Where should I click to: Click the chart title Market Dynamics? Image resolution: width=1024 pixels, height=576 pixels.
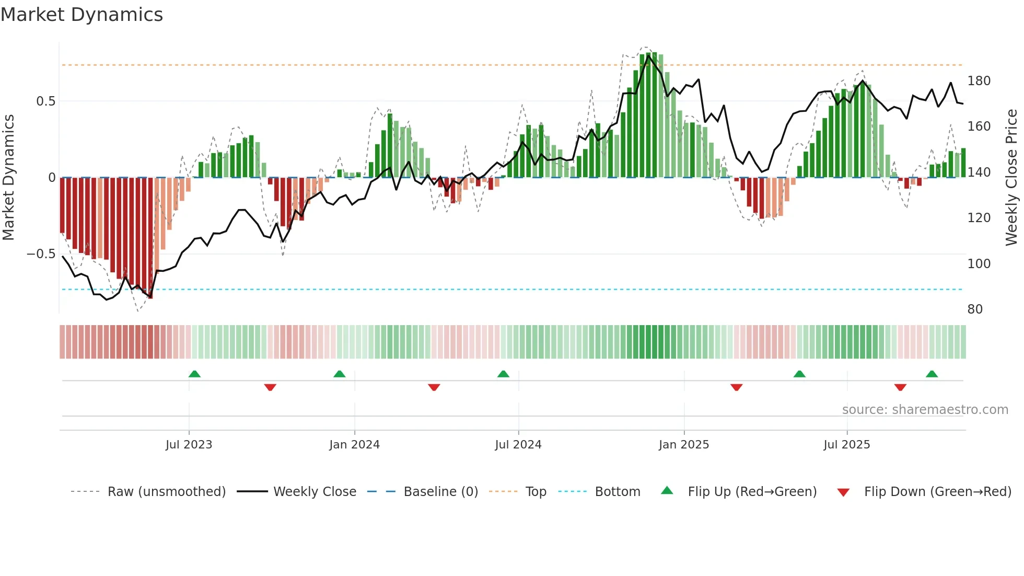82,15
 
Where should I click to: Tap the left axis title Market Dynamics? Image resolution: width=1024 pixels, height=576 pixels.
8,177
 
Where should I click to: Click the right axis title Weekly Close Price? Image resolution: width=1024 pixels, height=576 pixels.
1011,177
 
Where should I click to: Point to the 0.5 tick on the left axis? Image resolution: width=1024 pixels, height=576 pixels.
45,101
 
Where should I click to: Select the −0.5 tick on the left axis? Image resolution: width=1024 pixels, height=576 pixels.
41,254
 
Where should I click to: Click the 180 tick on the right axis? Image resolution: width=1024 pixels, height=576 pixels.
979,81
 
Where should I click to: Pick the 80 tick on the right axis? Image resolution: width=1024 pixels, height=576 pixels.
975,309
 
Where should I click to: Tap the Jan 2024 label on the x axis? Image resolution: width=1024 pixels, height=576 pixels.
354,445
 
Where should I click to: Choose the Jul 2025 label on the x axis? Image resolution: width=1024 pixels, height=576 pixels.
846,445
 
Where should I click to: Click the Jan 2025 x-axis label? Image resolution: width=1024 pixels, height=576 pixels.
683,445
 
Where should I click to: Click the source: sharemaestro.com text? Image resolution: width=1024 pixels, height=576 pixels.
925,410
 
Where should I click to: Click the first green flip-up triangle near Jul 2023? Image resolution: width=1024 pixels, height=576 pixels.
194,374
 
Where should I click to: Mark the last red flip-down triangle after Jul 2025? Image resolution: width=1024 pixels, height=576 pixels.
900,387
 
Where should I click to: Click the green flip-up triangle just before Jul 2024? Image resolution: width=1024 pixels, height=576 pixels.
503,374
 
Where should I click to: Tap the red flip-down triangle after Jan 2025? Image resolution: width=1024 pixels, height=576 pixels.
736,387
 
